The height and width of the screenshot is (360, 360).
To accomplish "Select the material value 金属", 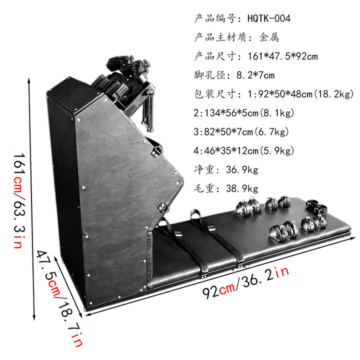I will pos(269,37).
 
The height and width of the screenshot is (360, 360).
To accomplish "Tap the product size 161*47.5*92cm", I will pos(282,56).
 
